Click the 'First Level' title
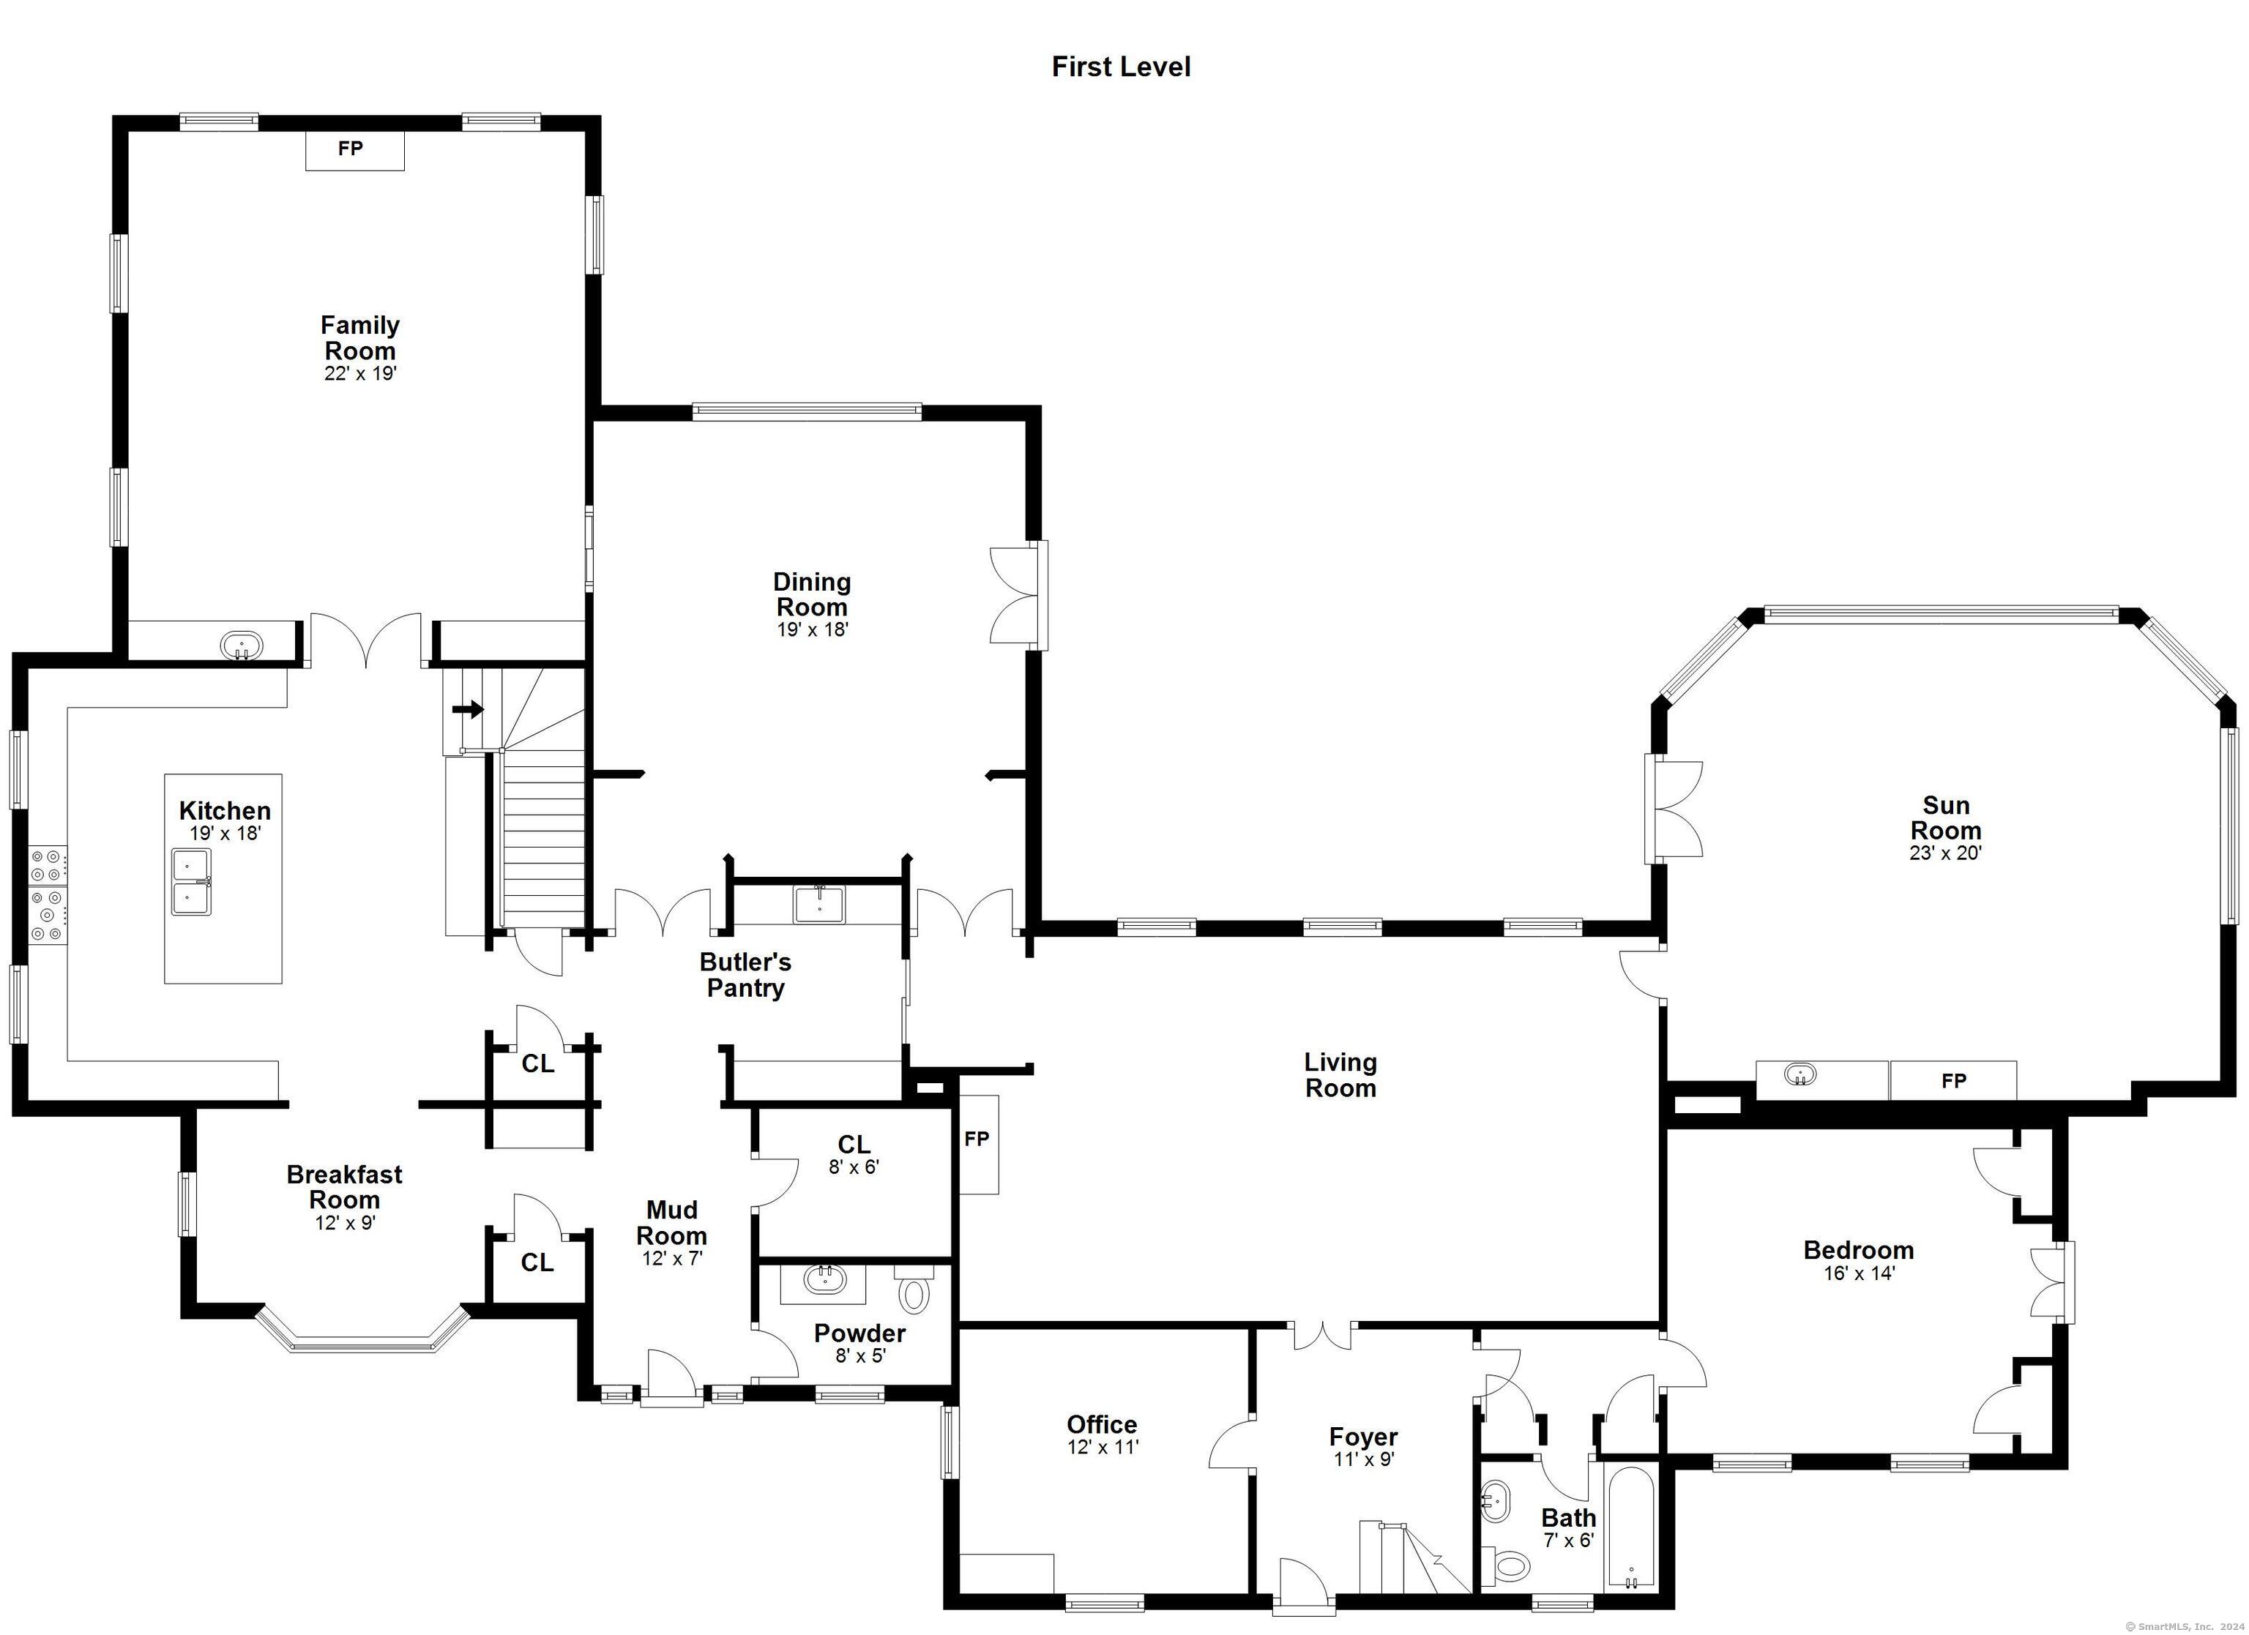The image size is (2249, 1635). pos(1121,67)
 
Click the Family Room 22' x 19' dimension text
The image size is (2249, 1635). pos(360,374)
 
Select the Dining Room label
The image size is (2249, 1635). pos(812,594)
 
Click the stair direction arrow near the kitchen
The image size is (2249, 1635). pos(468,710)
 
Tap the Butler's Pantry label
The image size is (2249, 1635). pos(746,975)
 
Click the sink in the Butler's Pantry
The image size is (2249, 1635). pos(819,905)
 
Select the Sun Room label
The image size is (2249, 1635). pos(1946,818)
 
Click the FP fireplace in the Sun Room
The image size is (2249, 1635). pos(1953,1081)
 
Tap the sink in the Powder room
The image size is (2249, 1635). pos(823,1280)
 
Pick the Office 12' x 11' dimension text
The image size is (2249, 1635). pos(1103,1447)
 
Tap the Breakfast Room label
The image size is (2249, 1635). pos(344,1187)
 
